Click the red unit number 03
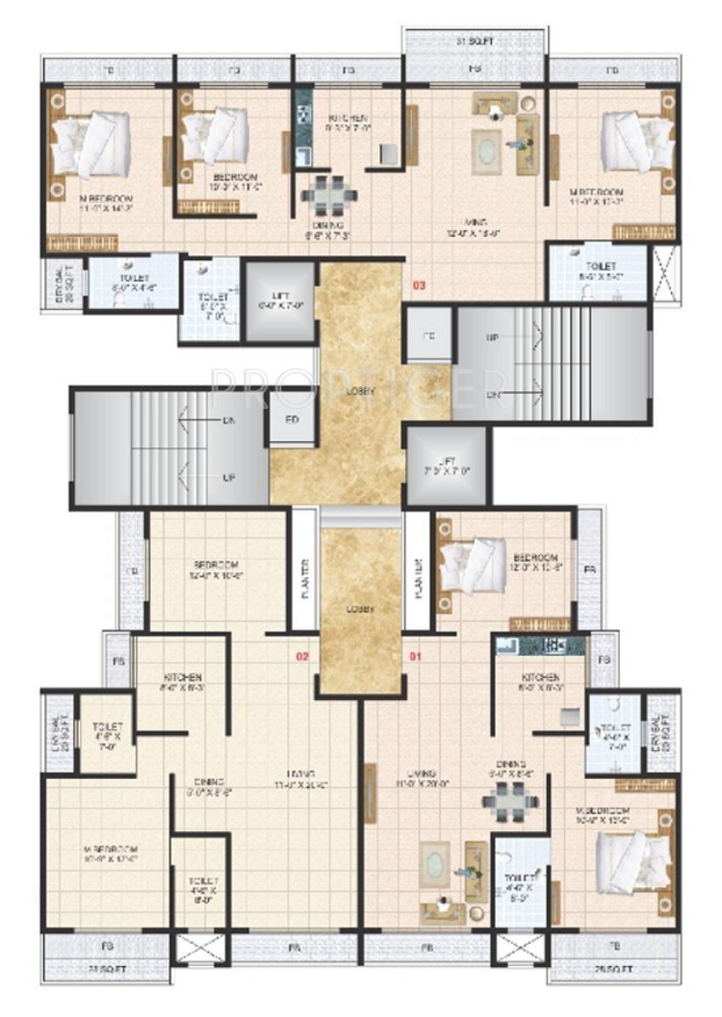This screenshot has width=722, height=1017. [x=419, y=285]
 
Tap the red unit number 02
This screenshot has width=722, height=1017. [x=301, y=656]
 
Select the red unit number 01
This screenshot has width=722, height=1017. [x=415, y=656]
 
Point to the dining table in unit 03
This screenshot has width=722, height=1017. [x=324, y=195]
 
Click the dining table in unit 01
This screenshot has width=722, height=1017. [x=510, y=802]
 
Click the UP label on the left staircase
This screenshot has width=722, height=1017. [x=228, y=477]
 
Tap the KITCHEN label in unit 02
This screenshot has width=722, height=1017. [x=183, y=677]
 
